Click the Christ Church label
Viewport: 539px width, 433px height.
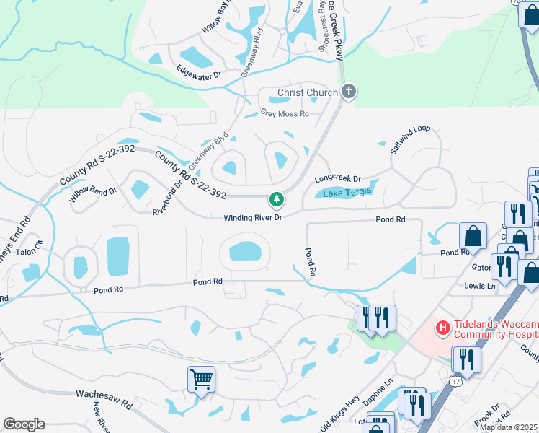tap(308, 92)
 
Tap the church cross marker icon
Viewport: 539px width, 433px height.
tap(349, 92)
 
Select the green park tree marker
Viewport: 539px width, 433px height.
tap(275, 198)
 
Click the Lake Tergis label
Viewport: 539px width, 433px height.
tap(347, 192)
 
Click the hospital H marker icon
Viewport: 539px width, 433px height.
tap(442, 328)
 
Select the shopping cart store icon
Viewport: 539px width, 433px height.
tap(201, 377)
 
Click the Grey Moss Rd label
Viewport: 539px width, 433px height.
tap(285, 113)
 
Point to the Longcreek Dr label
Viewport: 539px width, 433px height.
tap(337, 178)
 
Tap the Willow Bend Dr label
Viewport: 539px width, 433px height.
tap(92, 193)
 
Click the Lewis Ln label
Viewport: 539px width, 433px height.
tap(481, 286)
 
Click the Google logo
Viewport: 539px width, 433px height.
tap(24, 424)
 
